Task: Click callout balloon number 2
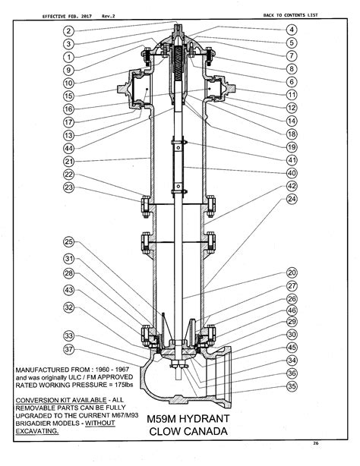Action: [x=68, y=31]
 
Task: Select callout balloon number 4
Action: [x=291, y=30]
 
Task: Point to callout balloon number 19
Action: [x=291, y=146]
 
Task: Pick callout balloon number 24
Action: [x=291, y=199]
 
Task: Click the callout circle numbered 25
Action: [x=68, y=242]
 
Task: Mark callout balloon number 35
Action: [x=291, y=386]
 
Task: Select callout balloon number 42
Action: [x=291, y=186]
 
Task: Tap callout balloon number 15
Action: [x=68, y=96]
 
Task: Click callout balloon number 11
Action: [x=291, y=95]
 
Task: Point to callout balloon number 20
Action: [x=291, y=272]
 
